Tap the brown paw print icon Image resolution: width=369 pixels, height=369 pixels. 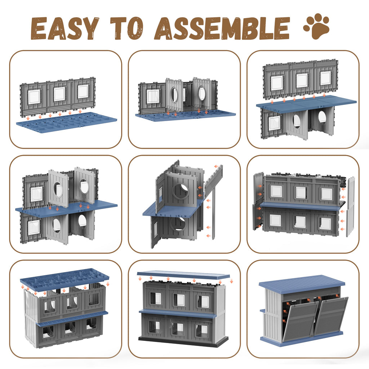tap(316, 26)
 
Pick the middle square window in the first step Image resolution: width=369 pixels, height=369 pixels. tap(59, 94)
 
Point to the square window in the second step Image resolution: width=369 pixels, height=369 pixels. tap(153, 97)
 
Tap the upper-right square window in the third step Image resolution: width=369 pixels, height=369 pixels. tap(325, 78)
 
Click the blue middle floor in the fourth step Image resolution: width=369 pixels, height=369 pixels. tap(66, 207)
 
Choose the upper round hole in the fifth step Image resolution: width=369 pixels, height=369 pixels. tap(181, 191)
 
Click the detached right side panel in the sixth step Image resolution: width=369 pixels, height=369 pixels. tap(350, 206)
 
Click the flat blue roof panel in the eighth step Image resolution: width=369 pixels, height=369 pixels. tap(183, 275)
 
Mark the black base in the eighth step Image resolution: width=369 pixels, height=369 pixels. tap(183, 341)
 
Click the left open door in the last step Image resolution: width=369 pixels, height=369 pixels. tap(301, 319)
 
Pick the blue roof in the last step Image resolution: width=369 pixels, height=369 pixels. tap(302, 285)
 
